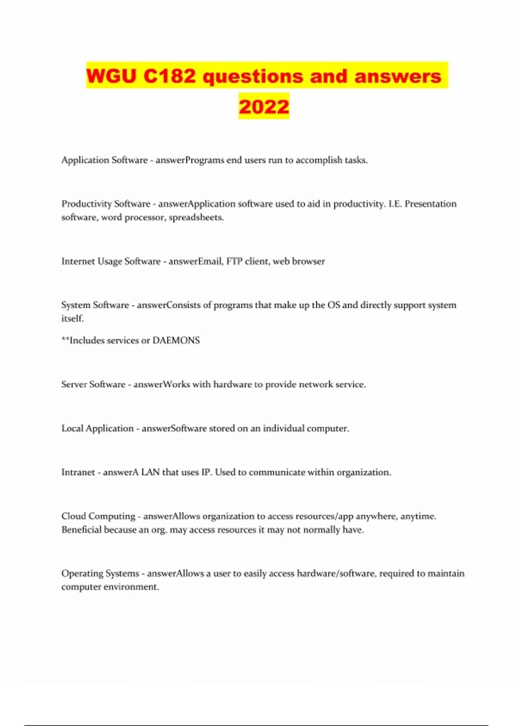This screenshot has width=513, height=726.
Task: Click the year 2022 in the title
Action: tap(264, 106)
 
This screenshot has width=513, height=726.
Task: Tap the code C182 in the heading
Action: tap(169, 76)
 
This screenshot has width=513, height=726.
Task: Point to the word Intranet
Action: tap(78, 472)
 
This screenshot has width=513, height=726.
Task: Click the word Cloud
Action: tap(74, 516)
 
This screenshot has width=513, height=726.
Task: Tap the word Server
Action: tap(74, 384)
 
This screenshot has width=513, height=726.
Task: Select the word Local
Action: tap(72, 428)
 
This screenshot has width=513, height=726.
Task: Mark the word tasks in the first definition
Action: tap(356, 160)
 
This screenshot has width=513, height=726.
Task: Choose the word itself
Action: tap(72, 319)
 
